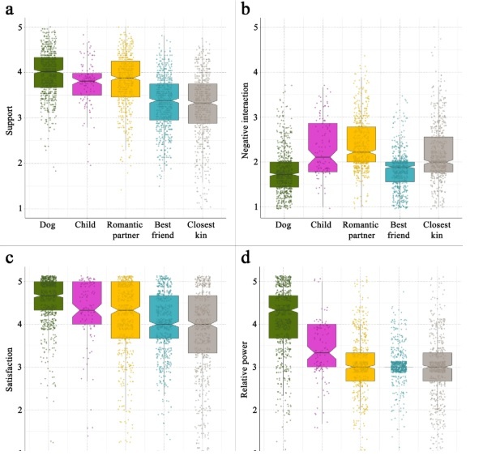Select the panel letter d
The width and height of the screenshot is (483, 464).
click(245, 258)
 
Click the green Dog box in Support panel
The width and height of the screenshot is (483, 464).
click(49, 72)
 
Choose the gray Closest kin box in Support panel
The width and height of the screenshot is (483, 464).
click(202, 103)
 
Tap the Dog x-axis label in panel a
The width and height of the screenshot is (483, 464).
click(49, 224)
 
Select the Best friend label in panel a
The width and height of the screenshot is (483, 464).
click(165, 229)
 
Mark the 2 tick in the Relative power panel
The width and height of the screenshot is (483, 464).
click(256, 411)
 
